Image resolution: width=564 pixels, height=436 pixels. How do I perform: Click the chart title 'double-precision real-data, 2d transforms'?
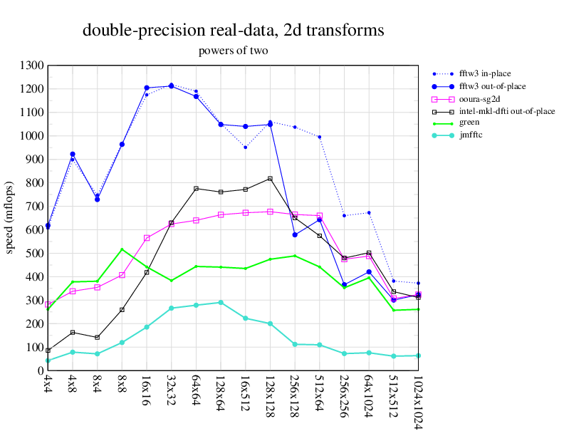[x=234, y=31]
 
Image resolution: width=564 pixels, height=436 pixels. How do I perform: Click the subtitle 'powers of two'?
[x=234, y=51]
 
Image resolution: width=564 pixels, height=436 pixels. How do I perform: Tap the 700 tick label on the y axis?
[x=33, y=207]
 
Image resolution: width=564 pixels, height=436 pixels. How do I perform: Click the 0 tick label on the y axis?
[x=41, y=371]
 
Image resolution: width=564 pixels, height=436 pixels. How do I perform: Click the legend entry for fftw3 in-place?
[x=485, y=73]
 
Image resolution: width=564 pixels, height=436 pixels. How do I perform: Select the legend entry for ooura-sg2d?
[x=484, y=98]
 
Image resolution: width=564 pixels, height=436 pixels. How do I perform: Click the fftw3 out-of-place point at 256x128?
[x=295, y=234]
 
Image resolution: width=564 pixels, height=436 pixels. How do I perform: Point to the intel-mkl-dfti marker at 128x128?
[x=270, y=179]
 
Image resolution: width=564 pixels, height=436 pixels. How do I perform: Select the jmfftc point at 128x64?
[x=221, y=303]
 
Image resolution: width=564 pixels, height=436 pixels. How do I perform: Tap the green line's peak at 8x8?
[x=122, y=249]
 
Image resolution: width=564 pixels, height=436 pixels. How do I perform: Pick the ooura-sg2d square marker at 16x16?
[x=147, y=238]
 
